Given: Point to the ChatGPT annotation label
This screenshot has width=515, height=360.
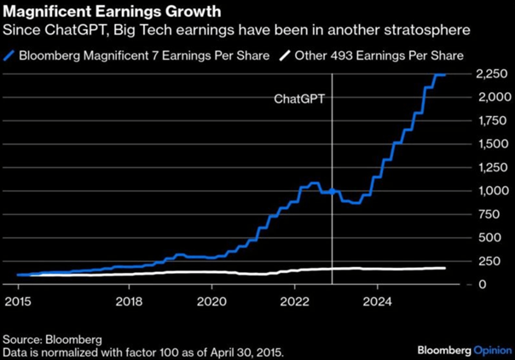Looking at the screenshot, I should coord(299,99).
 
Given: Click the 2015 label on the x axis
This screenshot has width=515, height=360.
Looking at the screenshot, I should coord(18,300).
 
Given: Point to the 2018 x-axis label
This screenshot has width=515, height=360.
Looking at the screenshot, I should coord(129,300).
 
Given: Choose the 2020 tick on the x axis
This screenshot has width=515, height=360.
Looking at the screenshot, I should coord(211,300).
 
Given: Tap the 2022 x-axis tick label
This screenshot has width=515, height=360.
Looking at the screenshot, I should coord(295,300).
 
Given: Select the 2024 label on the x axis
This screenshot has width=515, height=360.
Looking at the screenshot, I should coord(379,300).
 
